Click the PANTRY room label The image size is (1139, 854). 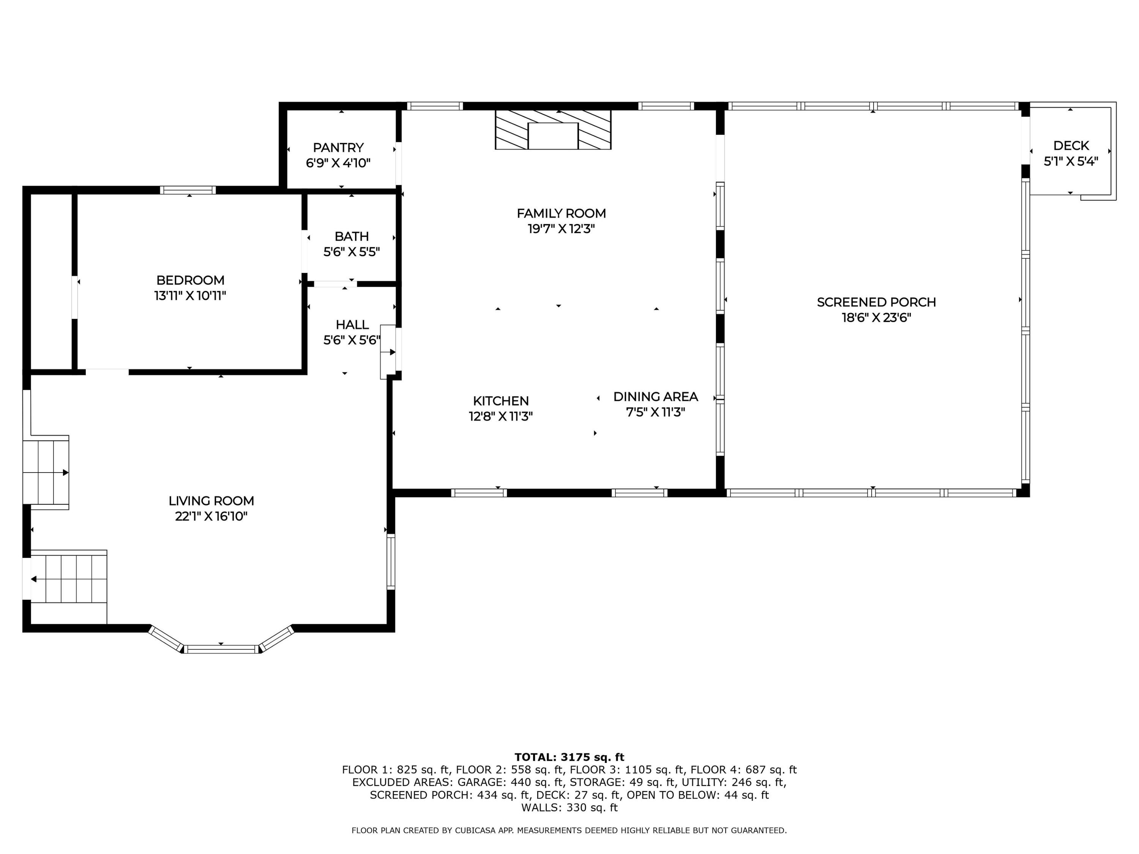click(x=338, y=148)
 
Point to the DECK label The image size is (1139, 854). click(x=1071, y=146)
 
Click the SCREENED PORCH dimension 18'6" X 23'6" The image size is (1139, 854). click(x=876, y=318)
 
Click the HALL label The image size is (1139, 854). click(x=352, y=325)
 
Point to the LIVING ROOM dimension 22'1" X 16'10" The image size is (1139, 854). click(x=211, y=516)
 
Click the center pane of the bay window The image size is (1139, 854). click(x=221, y=649)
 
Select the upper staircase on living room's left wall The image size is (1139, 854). click(x=46, y=473)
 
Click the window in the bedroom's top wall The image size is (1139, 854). click(x=188, y=190)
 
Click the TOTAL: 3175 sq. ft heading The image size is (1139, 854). click(x=569, y=757)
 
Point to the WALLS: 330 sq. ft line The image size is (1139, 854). click(x=569, y=808)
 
